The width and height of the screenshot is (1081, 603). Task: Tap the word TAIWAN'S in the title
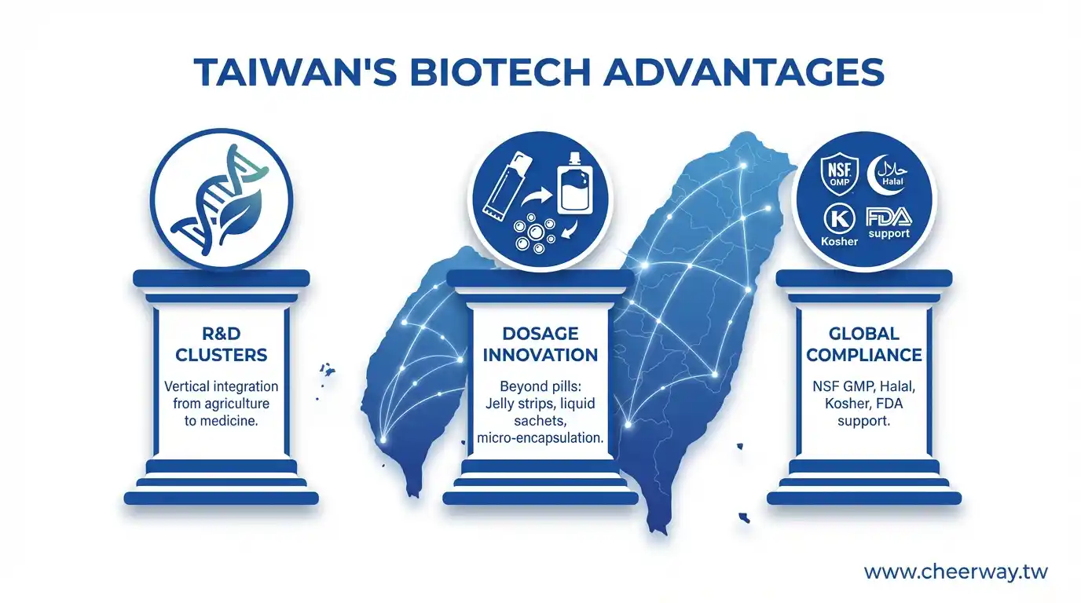point(295,72)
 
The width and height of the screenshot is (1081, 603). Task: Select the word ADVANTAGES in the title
point(744,72)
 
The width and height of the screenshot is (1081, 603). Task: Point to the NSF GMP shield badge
point(839,174)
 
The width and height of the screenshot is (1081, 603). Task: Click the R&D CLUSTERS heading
point(221,344)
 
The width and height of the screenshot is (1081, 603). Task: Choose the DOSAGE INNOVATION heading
point(540,344)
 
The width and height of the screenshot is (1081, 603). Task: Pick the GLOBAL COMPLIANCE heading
point(864,344)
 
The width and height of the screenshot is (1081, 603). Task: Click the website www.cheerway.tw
point(955,572)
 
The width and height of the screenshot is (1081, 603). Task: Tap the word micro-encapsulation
point(540,437)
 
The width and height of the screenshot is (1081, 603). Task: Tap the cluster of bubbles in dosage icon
point(534,233)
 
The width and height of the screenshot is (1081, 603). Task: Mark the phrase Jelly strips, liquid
point(540,404)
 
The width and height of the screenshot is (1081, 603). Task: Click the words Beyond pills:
point(540,386)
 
